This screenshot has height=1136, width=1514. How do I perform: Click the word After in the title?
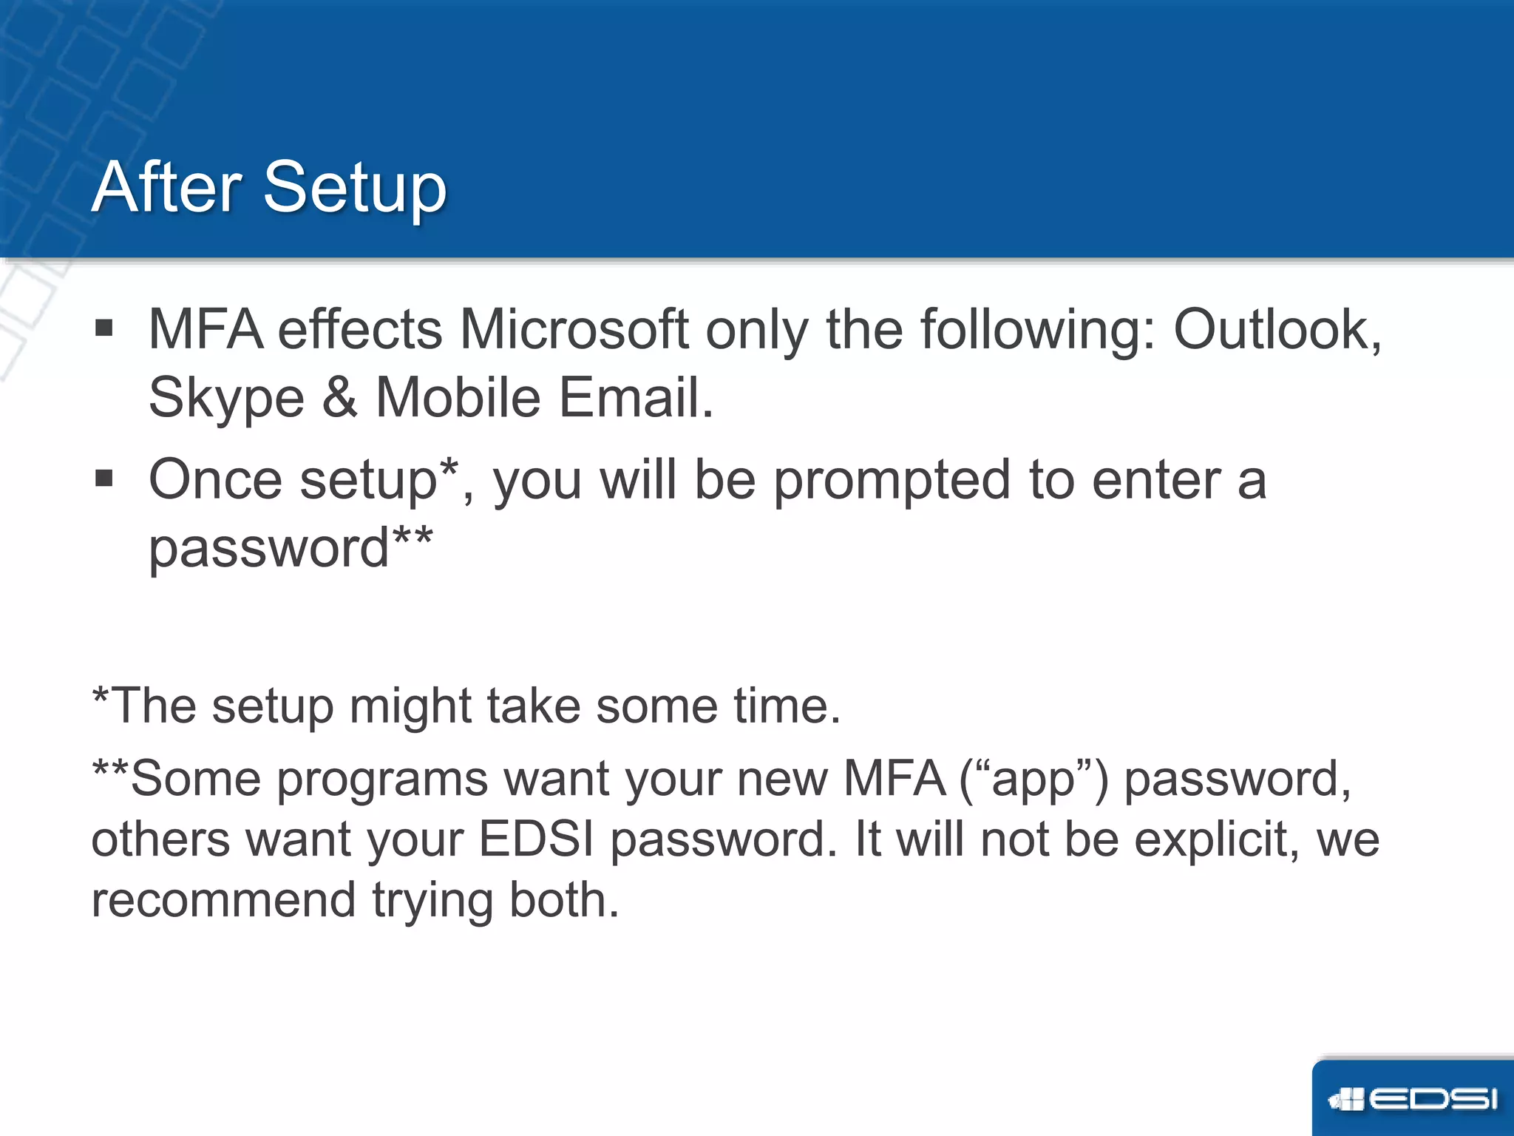coord(167,187)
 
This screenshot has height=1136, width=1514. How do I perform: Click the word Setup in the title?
coord(355,189)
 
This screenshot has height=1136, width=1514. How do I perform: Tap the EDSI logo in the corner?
coord(1413,1099)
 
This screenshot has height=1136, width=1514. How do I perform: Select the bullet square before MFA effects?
coord(104,328)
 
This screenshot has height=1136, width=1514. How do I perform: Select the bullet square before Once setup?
coord(104,479)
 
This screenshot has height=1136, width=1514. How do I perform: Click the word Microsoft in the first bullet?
coord(574,329)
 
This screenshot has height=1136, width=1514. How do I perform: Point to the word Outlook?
coord(1274,329)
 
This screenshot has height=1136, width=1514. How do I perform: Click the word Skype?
coord(226,399)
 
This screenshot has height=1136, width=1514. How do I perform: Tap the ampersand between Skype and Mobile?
coord(339,398)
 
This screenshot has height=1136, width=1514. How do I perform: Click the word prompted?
coord(892,481)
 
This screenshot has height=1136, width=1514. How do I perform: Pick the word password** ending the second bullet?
coord(290,547)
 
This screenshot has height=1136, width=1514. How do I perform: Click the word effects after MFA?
coord(360,329)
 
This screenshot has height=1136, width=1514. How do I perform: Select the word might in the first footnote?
coord(410,706)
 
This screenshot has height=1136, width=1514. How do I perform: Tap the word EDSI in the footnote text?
coord(536,839)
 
